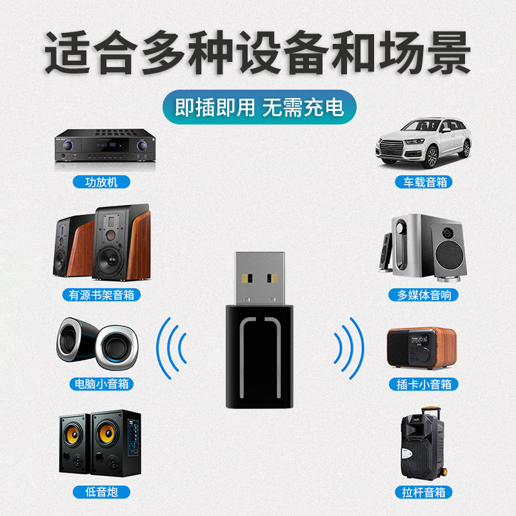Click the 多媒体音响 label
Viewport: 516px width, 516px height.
[x=423, y=295]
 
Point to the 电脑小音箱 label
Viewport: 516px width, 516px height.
[x=100, y=384]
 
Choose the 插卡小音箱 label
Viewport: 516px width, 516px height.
[x=423, y=384]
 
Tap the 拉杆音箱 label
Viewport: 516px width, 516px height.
[x=423, y=492]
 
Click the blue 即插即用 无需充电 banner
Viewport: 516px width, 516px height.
[x=258, y=107]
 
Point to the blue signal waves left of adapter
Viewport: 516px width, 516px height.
[x=172, y=349]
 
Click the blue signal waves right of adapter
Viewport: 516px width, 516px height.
[x=348, y=349]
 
